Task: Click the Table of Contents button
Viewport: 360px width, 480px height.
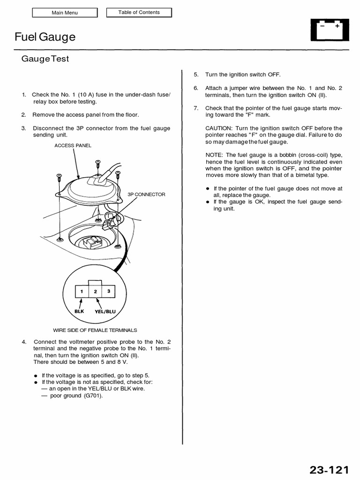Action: pyautogui.click(x=139, y=12)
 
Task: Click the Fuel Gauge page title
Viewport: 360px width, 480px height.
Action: pyautogui.click(x=45, y=37)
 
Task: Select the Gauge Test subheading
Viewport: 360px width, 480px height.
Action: pyautogui.click(x=45, y=59)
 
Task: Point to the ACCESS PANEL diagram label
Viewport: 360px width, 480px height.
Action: pyautogui.click(x=73, y=145)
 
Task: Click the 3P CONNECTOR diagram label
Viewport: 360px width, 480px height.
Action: pyautogui.click(x=146, y=194)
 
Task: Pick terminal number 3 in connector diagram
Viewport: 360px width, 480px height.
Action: pyautogui.click(x=109, y=291)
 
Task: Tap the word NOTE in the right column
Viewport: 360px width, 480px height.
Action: pyautogui.click(x=214, y=155)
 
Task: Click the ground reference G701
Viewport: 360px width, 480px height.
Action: pyautogui.click(x=93, y=396)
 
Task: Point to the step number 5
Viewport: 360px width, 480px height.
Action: pyautogui.click(x=196, y=75)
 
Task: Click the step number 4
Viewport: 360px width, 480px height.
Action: pyautogui.click(x=23, y=341)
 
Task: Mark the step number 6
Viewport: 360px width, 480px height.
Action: pyautogui.click(x=196, y=88)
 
